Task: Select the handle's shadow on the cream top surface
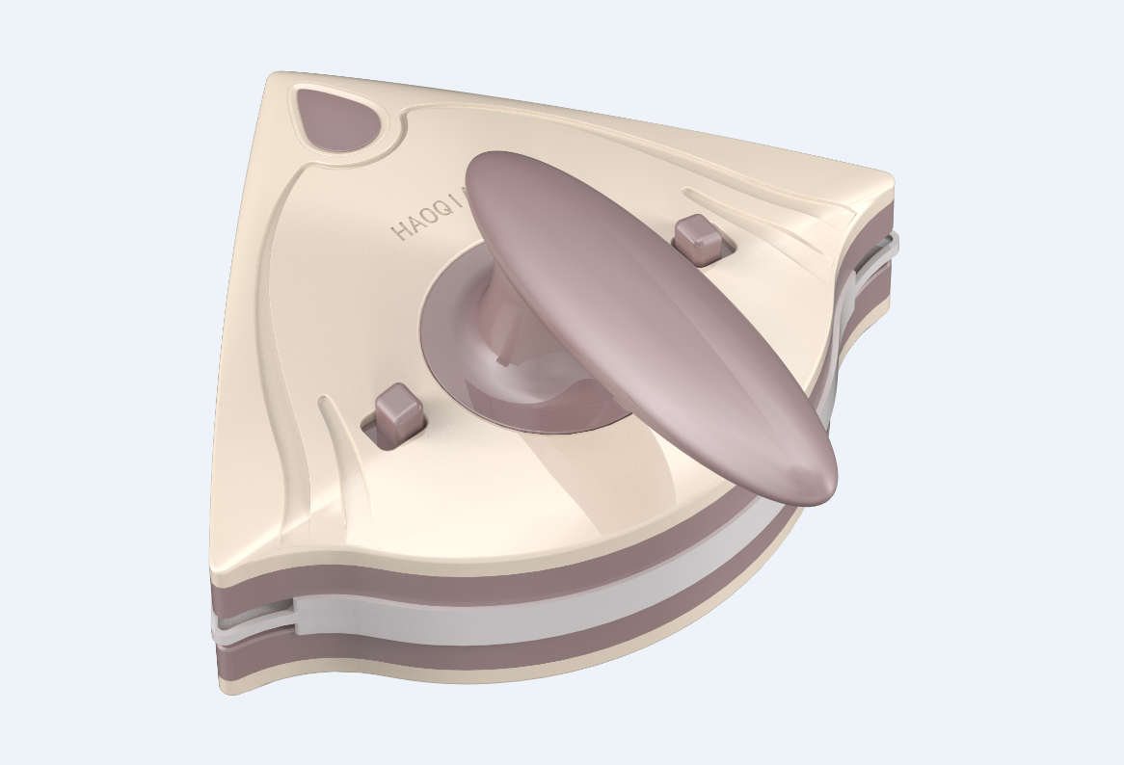(x=617, y=472)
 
